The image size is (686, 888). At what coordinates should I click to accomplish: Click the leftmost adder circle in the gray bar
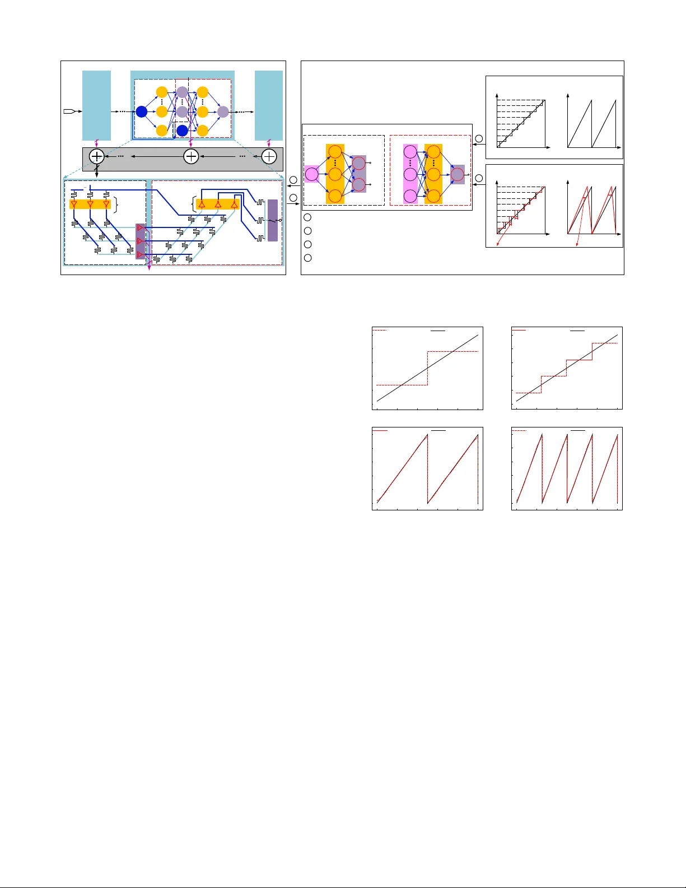97,156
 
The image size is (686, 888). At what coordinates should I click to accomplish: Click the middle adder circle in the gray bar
191,156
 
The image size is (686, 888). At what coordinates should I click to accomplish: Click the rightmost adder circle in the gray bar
269,156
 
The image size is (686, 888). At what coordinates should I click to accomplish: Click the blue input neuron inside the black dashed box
142,111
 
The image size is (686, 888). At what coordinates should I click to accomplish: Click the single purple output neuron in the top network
223,111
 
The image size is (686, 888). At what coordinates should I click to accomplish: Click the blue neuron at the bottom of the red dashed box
182,131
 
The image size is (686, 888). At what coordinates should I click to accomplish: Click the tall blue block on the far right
269,105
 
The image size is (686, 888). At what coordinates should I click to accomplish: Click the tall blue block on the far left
96,105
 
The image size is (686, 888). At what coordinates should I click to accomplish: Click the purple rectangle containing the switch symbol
273,220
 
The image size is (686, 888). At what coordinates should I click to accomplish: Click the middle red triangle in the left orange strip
90,204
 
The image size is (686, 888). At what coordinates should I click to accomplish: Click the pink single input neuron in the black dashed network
312,174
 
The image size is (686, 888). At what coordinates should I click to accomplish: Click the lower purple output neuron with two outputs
358,185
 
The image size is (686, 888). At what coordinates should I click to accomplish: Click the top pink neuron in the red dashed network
410,151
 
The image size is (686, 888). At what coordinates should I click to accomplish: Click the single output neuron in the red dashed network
458,174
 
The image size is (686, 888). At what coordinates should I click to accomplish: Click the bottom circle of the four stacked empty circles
307,258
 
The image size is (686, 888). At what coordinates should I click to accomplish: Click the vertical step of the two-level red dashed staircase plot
427,368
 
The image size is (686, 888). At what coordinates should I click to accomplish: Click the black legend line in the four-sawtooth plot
577,431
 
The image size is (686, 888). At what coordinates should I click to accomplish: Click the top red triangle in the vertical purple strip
140,228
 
